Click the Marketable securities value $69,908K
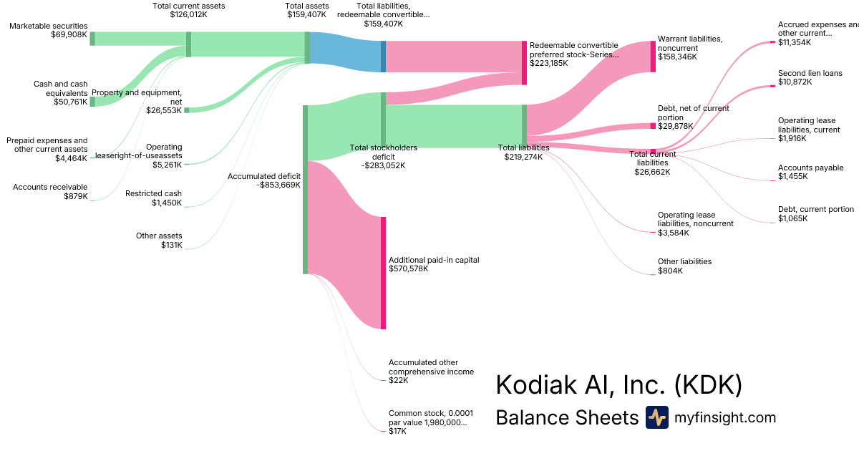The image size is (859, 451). [69, 34]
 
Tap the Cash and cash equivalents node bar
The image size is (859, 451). [92, 101]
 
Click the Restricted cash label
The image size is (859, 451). [153, 193]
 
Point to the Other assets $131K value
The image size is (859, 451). [172, 245]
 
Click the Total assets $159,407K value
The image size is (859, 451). [306, 14]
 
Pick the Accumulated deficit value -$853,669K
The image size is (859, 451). [278, 185]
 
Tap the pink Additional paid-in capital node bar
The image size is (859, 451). [383, 273]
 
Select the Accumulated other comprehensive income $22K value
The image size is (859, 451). [398, 380]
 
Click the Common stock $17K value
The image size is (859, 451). [397, 431]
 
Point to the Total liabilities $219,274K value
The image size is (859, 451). [523, 157]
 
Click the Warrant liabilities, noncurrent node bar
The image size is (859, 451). [653, 57]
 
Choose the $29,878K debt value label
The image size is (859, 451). [676, 126]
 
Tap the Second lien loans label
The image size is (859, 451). [810, 73]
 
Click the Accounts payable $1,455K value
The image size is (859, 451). [792, 176]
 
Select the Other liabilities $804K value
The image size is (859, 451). [670, 271]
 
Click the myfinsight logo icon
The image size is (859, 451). [656, 417]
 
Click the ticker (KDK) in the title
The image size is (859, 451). [708, 385]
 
